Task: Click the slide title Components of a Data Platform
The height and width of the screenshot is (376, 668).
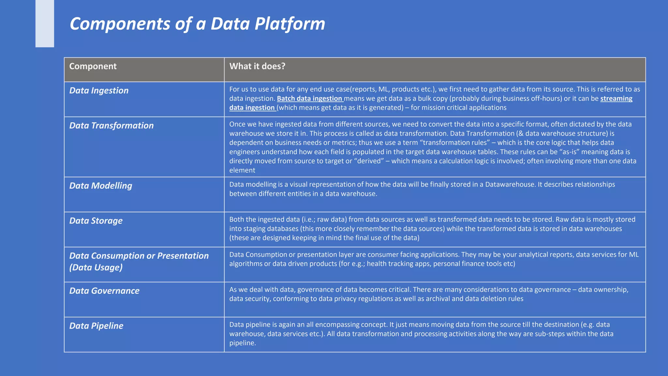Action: tap(197, 24)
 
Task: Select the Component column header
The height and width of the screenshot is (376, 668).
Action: tap(93, 66)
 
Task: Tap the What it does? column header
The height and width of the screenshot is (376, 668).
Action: tap(257, 66)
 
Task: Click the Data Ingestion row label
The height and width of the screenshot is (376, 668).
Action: tap(99, 90)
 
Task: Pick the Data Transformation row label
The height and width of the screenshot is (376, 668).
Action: tap(111, 126)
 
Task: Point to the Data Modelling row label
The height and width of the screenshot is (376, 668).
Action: tap(100, 186)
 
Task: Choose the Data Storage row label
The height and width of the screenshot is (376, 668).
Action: tap(96, 221)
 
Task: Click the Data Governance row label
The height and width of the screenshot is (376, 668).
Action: tap(104, 291)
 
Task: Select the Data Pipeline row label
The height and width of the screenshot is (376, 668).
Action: tap(96, 326)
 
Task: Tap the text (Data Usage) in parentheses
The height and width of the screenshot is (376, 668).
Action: tap(96, 268)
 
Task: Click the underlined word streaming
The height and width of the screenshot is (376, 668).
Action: tap(616, 99)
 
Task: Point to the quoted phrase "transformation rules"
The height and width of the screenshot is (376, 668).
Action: tap(455, 143)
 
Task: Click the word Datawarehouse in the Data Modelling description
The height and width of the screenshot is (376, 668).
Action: tap(510, 184)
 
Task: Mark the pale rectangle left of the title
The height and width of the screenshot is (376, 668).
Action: tap(45, 23)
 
